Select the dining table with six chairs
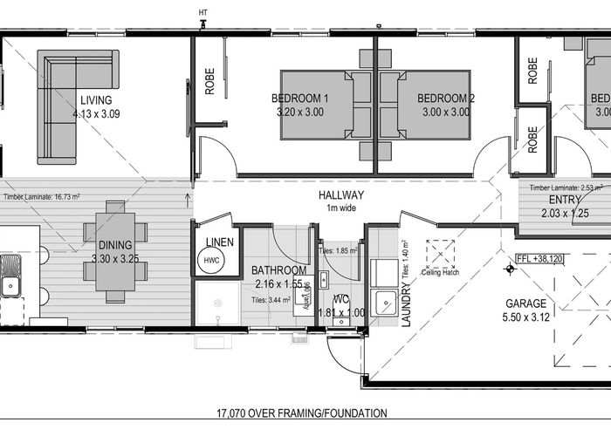click(x=115, y=252)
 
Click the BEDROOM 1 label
click(x=299, y=98)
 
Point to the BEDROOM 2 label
click(x=445, y=98)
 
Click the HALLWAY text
click(x=341, y=195)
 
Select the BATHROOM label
click(x=279, y=270)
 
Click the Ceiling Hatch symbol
click(x=442, y=254)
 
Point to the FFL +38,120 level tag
click(x=539, y=259)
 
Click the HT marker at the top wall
click(x=203, y=11)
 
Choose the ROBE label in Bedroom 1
click(x=210, y=80)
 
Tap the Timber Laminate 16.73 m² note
click(x=41, y=197)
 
